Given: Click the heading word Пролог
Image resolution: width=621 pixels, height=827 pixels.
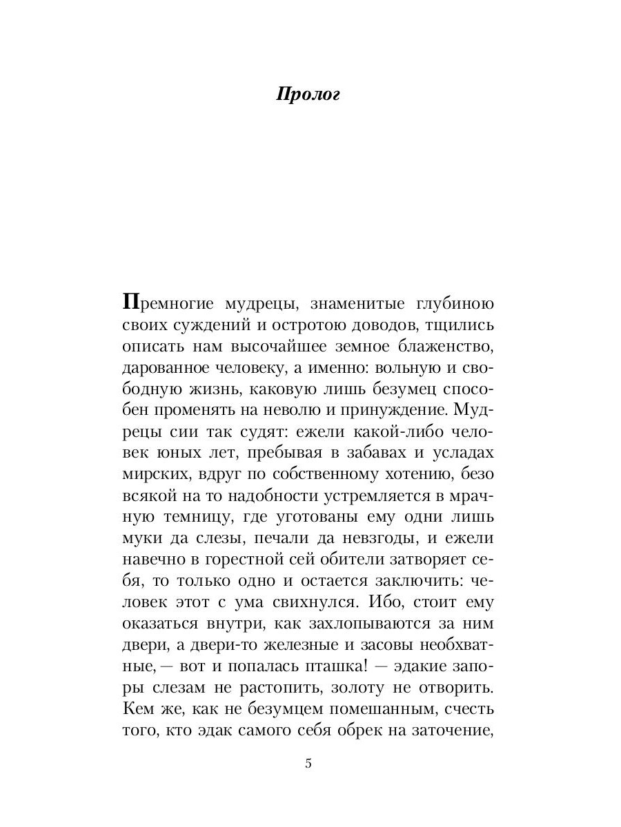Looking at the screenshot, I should [308, 94].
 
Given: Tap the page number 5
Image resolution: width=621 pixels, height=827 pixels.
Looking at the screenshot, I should [308, 763].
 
